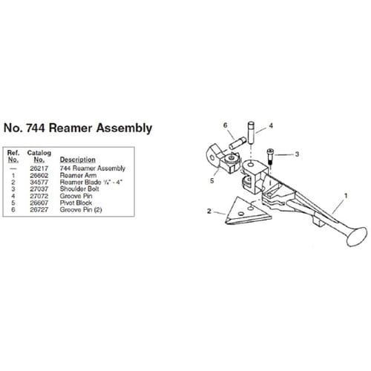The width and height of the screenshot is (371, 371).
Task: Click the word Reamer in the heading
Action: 70,128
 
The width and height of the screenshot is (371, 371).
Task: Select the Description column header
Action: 78,160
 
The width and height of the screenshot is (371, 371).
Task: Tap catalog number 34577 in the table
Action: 39,183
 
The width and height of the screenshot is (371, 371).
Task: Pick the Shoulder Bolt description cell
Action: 79,189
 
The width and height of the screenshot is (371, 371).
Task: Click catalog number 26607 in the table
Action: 39,203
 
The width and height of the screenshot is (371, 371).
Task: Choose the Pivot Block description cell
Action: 76,203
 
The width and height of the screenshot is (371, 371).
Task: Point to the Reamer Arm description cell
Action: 78,175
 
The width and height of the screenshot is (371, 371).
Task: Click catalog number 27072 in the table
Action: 39,196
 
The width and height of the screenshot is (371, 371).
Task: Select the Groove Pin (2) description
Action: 81,210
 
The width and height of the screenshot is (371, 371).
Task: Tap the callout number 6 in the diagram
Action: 225,125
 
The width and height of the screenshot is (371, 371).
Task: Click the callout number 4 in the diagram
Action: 271,125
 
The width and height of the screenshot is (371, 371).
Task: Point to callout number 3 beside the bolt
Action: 297,154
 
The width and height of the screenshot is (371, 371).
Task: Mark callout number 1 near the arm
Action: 346,196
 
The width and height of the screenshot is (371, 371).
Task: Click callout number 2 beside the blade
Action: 209,211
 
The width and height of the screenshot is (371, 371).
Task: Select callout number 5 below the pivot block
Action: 212,181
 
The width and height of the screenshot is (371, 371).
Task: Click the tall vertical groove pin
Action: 251,132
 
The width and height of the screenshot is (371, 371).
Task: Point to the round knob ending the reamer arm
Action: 357,237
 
